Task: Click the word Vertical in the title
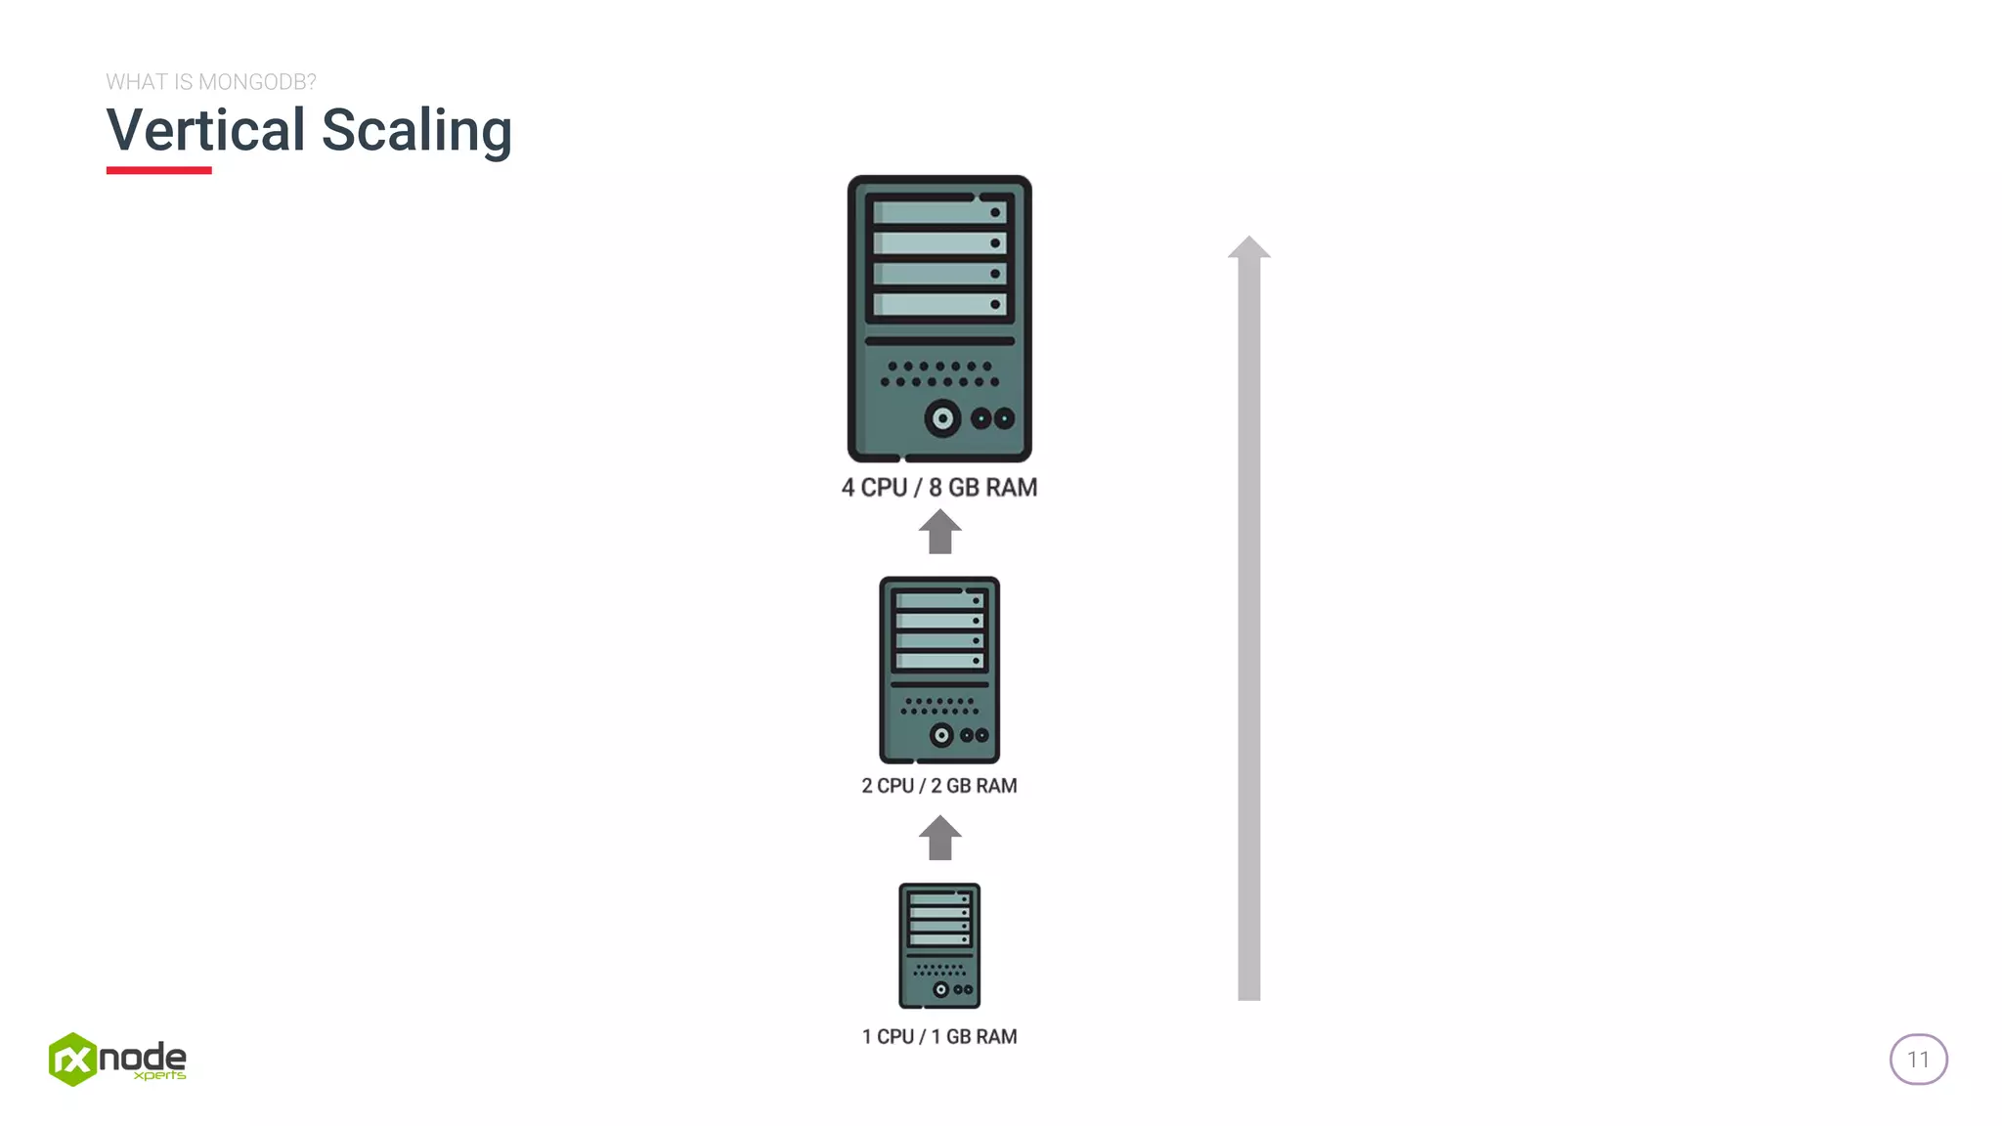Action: click(x=205, y=130)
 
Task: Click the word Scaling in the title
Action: click(x=416, y=132)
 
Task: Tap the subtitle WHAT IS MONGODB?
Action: click(x=211, y=82)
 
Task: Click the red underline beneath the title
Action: click(x=158, y=170)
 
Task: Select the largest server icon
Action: click(x=939, y=318)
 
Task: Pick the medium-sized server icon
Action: click(x=939, y=670)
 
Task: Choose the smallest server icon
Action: click(x=939, y=945)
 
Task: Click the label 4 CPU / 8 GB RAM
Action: click(x=939, y=487)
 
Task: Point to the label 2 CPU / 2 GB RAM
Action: click(x=939, y=786)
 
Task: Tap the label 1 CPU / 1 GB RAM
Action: click(x=939, y=1036)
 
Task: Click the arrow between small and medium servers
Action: click(x=939, y=839)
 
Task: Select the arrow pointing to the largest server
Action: click(x=939, y=533)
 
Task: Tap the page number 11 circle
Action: click(x=1918, y=1060)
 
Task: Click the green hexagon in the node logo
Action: click(x=72, y=1060)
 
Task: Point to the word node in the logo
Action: click(x=143, y=1056)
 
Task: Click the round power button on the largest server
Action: click(x=943, y=419)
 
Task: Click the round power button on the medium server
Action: click(x=941, y=735)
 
